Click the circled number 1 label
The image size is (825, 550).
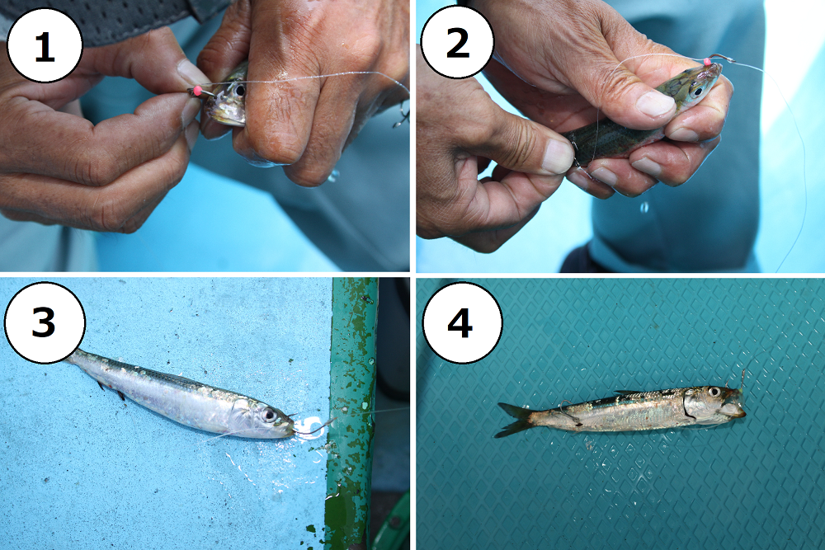[x=45, y=45]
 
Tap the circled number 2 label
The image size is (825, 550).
[x=457, y=42]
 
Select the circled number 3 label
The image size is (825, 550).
[x=45, y=322]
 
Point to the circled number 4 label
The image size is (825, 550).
[x=461, y=322]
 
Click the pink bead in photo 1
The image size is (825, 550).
[x=198, y=90]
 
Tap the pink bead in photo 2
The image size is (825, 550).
[x=707, y=62]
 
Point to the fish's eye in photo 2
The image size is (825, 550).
[x=697, y=92]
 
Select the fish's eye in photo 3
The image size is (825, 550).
[x=268, y=415]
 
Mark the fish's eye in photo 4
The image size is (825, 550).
[x=714, y=392]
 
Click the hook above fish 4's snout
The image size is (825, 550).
[x=742, y=379]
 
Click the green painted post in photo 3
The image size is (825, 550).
[x=351, y=410]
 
